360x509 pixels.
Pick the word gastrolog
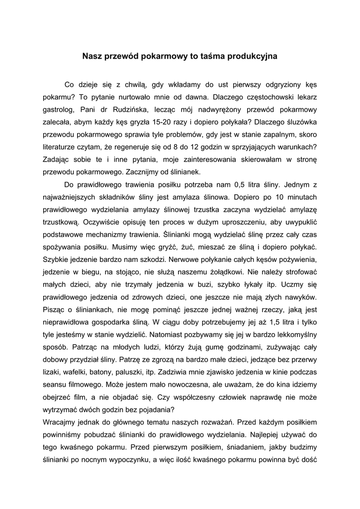coord(58,109)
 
